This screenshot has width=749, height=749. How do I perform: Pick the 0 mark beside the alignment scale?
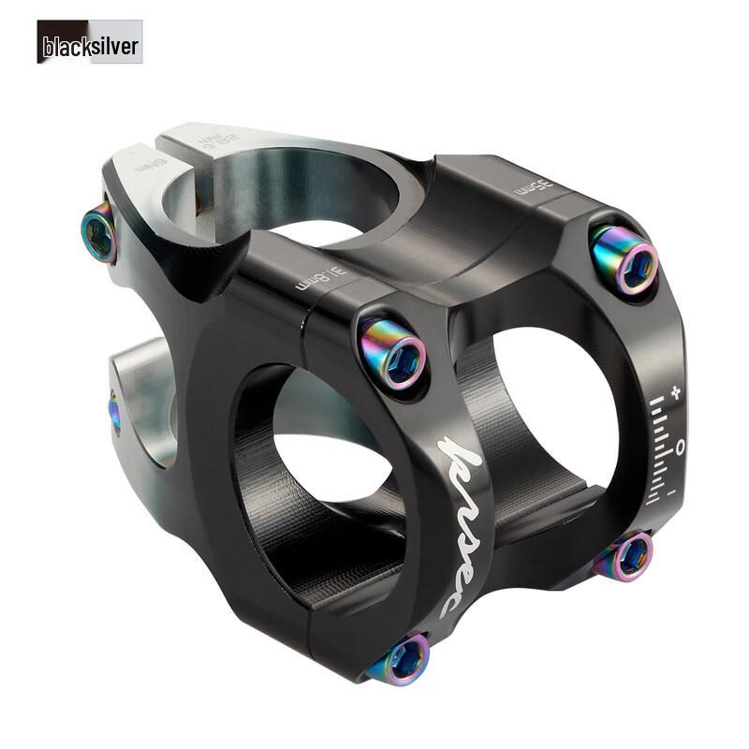pyautogui.click(x=681, y=442)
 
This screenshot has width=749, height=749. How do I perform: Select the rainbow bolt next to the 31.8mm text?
pyautogui.click(x=393, y=353)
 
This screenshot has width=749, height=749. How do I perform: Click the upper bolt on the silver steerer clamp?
pyautogui.click(x=99, y=230)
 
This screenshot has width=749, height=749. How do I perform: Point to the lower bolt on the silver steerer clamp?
pyautogui.click(x=113, y=412)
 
